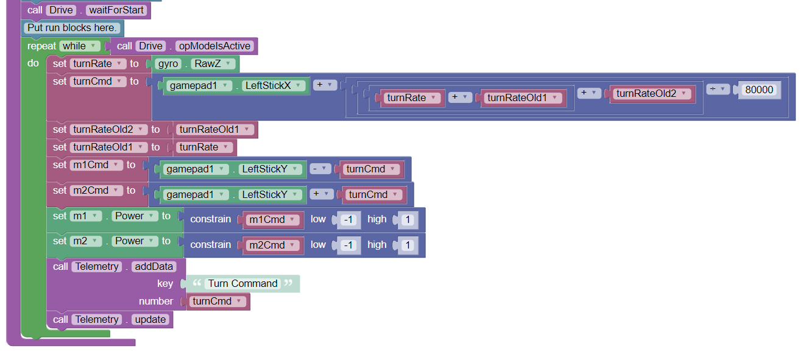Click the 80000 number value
pyautogui.click(x=759, y=90)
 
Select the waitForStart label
pyautogui.click(x=116, y=10)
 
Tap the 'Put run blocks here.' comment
pyautogui.click(x=72, y=28)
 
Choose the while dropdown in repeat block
pyautogui.click(x=79, y=46)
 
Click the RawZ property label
pyautogui.click(x=208, y=63)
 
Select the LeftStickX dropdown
pyautogui.click(x=274, y=86)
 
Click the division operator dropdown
pyautogui.click(x=718, y=90)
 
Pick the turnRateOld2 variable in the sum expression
pyautogui.click(x=651, y=94)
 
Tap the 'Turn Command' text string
pyautogui.click(x=242, y=283)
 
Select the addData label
pyautogui.click(x=154, y=266)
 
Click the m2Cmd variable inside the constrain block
pyautogui.click(x=272, y=245)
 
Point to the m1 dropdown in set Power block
pyautogui.click(x=86, y=216)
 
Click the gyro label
pyautogui.click(x=168, y=63)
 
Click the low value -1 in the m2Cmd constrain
pyautogui.click(x=348, y=245)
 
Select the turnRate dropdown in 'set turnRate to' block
pyautogui.click(x=98, y=63)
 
